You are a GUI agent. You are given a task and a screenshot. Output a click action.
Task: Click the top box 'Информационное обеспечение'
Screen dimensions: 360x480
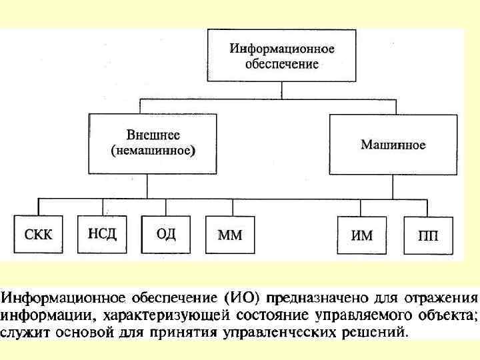click(283, 56)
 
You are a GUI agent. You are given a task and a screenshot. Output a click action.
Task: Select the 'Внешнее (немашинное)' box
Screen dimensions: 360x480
click(153, 144)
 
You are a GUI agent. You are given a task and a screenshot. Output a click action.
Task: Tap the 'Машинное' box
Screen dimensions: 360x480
click(393, 144)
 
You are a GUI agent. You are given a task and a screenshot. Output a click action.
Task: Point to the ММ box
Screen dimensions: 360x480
click(230, 235)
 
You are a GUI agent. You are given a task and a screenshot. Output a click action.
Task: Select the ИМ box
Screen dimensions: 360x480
click(362, 235)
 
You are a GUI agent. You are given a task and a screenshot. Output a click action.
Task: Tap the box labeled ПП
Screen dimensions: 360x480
click(427, 235)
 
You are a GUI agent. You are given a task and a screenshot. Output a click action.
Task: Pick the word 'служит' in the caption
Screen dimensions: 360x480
click(24, 330)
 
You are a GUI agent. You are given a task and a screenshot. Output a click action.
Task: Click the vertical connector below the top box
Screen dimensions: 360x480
click(283, 89)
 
